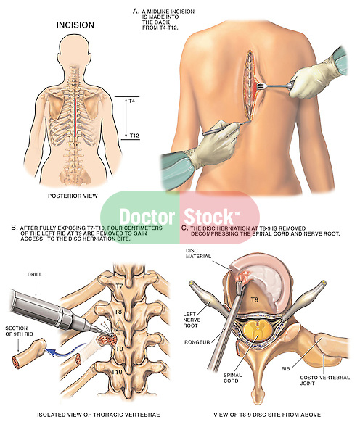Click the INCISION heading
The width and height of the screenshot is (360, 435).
(75, 25)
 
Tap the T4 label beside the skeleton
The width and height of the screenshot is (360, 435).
(131, 101)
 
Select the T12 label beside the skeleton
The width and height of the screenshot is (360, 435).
(134, 136)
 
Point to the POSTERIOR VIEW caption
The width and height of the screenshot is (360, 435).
(73, 196)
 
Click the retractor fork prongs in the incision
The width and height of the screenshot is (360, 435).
(261, 86)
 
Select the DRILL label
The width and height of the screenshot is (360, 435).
(35, 274)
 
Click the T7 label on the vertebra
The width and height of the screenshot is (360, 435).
(119, 286)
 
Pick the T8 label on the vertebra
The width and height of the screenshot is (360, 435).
(118, 312)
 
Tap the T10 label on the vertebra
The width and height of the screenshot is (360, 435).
(117, 372)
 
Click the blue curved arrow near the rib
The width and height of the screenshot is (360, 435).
(65, 350)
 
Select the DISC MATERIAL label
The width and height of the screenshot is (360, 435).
(198, 254)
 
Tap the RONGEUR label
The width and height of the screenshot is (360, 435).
(197, 342)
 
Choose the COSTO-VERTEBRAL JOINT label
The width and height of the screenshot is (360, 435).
(324, 381)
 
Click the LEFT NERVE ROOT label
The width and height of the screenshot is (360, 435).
(192, 320)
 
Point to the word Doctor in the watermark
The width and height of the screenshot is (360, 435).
(147, 217)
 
